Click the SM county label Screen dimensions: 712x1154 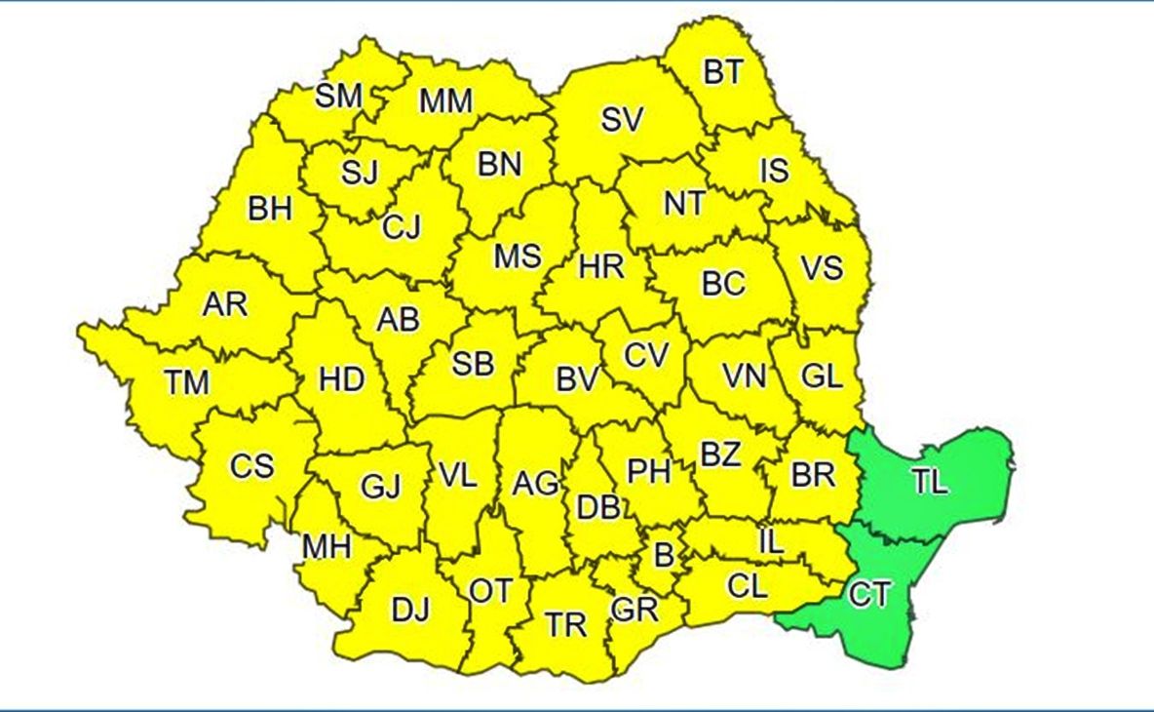click(x=338, y=96)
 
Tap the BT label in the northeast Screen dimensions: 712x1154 click(x=722, y=72)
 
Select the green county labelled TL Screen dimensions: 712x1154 click(x=930, y=481)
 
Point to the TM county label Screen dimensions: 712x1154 click(x=186, y=382)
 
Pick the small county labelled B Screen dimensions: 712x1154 click(x=663, y=556)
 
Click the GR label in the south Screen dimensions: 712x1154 click(x=635, y=610)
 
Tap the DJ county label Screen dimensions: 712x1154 click(x=409, y=612)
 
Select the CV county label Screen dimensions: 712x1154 click(x=646, y=355)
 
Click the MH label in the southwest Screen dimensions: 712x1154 click(x=326, y=547)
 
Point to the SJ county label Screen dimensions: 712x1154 click(x=360, y=172)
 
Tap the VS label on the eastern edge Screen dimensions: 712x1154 click(x=821, y=267)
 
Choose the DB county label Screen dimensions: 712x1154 click(x=598, y=507)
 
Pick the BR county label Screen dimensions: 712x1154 click(x=813, y=475)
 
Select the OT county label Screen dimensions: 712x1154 click(x=490, y=591)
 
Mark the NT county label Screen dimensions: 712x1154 click(x=684, y=203)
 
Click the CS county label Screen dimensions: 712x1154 click(x=251, y=466)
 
